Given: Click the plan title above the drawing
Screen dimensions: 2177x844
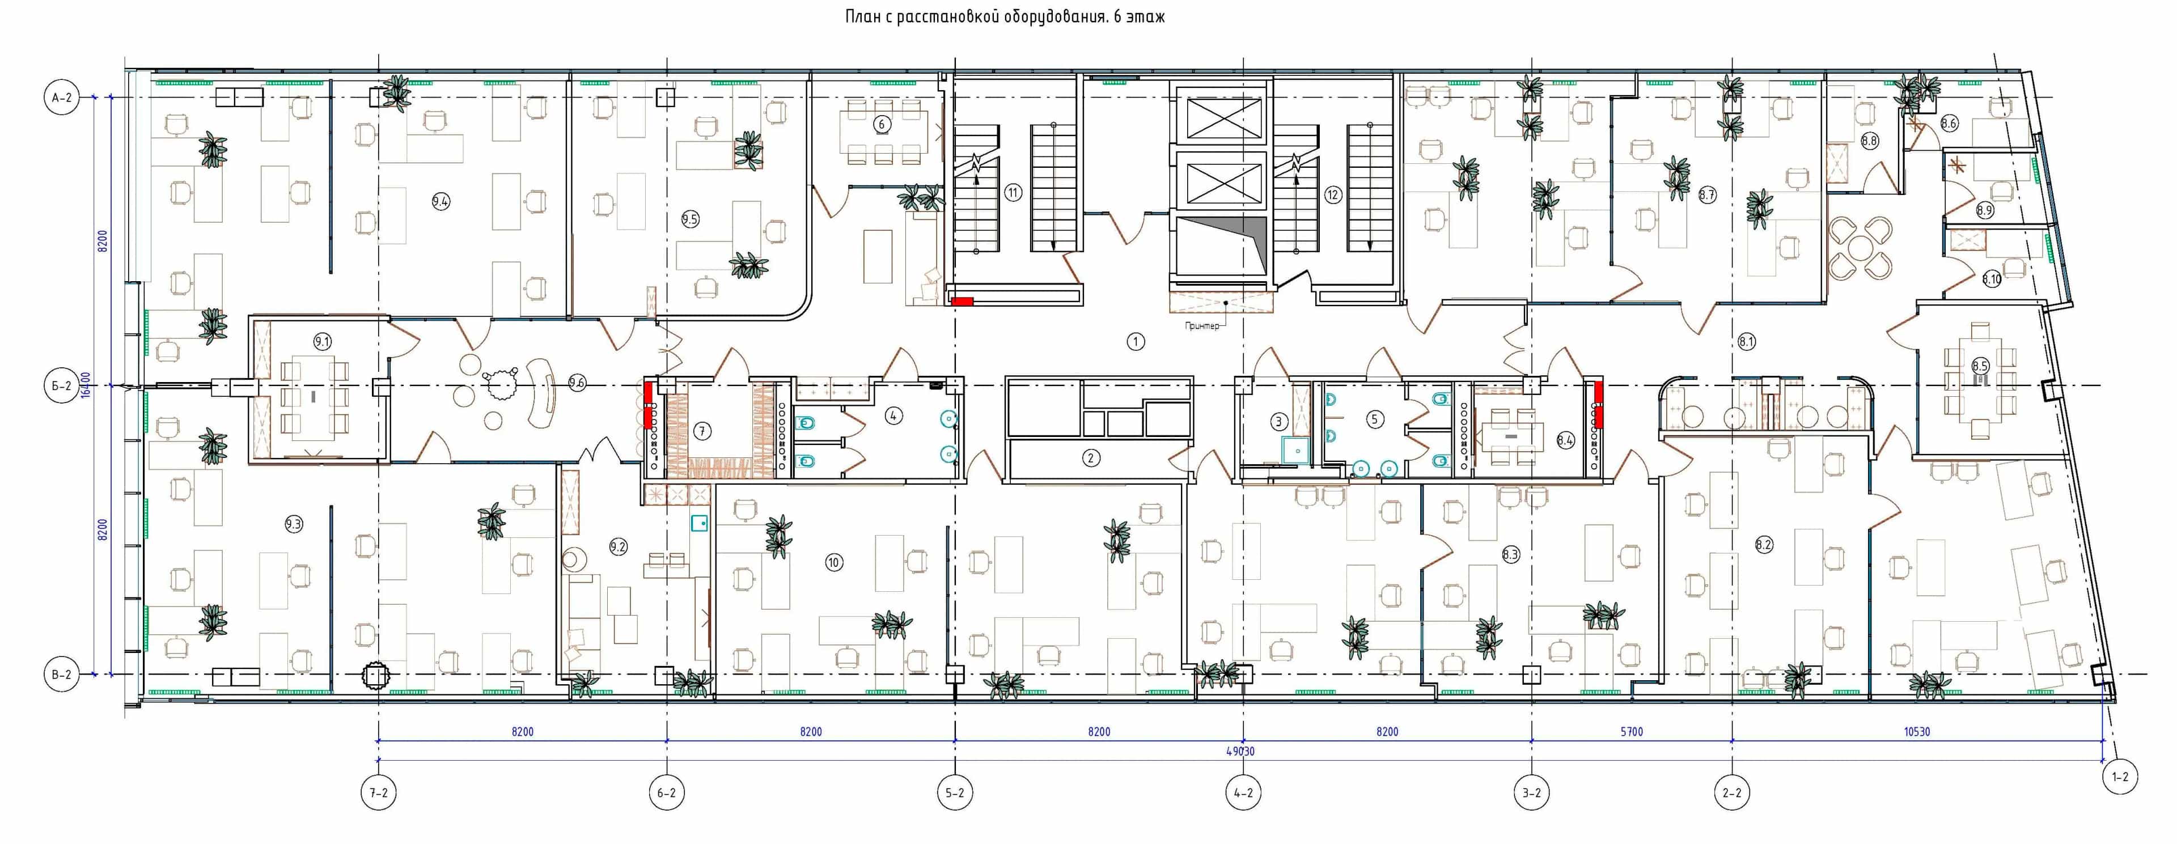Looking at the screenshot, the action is coord(1005,16).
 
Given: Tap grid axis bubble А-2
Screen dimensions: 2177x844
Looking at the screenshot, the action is coord(62,98).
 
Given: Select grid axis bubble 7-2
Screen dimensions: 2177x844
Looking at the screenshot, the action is coord(379,792).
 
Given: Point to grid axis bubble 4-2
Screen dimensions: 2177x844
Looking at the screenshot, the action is coord(1243,792).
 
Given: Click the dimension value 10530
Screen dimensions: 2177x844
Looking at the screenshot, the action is coord(1917,732).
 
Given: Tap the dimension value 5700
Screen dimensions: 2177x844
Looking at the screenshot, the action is coord(1631,732).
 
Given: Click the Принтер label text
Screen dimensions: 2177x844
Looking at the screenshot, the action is coord(1202,326).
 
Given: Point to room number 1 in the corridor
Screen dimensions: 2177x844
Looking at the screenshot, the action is coord(1136,341).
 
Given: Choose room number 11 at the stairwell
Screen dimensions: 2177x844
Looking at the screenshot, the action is coord(1013,193).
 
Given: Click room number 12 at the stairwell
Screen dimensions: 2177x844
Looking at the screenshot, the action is coord(1333,195).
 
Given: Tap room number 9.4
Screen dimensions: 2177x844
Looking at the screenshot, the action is coord(441,201).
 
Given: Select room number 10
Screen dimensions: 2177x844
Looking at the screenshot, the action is coord(833,562).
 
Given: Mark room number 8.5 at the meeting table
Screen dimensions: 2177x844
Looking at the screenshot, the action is coord(1980,366).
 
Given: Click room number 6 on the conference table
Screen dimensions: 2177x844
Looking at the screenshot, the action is coord(882,124).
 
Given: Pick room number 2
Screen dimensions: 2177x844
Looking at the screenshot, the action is coord(1091,458).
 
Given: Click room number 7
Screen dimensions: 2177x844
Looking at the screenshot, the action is coord(701,431).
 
